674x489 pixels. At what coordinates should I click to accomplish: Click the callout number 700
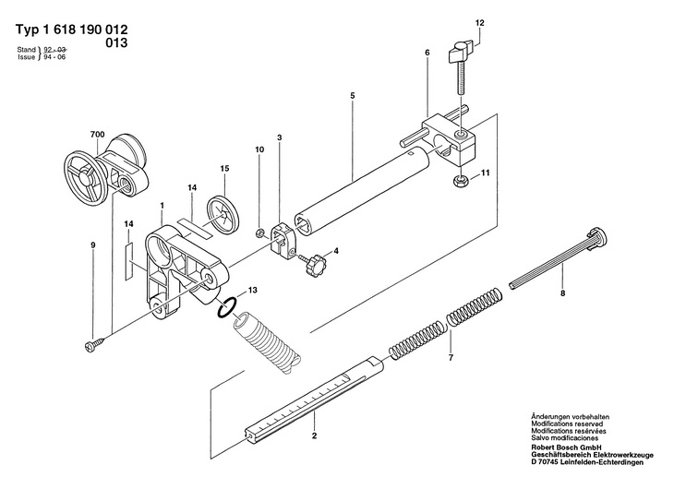point(98,135)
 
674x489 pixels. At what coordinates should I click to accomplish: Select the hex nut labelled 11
point(461,181)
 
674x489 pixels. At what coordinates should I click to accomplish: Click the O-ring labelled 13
point(226,307)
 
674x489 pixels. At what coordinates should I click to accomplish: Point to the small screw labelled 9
point(95,345)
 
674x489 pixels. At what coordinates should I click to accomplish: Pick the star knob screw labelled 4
point(312,264)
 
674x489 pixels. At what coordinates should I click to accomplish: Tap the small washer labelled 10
point(259,233)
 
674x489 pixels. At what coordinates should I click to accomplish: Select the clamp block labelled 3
point(282,242)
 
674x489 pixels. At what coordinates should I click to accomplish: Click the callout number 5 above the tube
point(353,95)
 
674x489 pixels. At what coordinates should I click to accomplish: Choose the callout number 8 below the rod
point(562,294)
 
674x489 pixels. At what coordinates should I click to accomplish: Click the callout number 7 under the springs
point(451,357)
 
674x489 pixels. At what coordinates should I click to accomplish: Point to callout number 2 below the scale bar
point(315,435)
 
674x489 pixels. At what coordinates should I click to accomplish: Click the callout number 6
point(427,53)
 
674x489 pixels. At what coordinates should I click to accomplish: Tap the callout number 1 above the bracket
point(162,206)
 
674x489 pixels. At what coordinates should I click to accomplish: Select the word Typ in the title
point(28,30)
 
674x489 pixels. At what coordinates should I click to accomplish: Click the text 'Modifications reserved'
point(567,423)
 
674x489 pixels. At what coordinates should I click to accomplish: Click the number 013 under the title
point(116,43)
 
